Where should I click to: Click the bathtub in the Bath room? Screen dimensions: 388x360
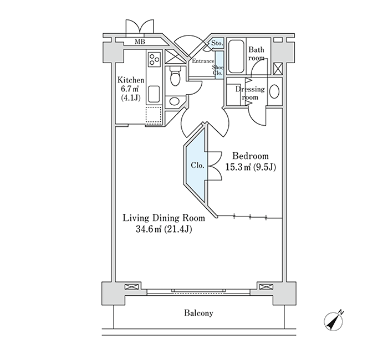(x=236, y=56)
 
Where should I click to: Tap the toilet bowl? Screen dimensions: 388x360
(x=175, y=76)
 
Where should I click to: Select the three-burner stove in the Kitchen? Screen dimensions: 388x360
(x=154, y=59)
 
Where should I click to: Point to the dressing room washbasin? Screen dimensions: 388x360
(x=274, y=91)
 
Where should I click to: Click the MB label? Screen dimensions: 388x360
(x=140, y=42)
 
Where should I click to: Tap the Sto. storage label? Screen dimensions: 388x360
(x=217, y=43)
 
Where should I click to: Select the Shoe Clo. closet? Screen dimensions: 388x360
(x=219, y=65)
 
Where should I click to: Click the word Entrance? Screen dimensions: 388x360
(x=203, y=61)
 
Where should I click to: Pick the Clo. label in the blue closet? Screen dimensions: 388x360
(x=197, y=165)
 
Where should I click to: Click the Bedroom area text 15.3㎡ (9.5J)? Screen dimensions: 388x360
(x=251, y=167)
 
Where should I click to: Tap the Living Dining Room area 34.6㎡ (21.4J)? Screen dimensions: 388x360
(x=164, y=229)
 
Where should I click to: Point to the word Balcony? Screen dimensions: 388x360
(x=198, y=313)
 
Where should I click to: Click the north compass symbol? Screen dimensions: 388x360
(x=334, y=321)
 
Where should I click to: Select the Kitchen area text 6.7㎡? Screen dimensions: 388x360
(x=129, y=88)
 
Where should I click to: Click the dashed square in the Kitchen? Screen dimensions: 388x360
(x=154, y=115)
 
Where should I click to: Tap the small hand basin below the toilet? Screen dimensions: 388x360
(x=175, y=101)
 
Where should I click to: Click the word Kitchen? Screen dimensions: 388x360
(x=131, y=80)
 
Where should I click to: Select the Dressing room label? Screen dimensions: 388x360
(x=250, y=92)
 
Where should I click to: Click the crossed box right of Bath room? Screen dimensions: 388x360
(x=278, y=69)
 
